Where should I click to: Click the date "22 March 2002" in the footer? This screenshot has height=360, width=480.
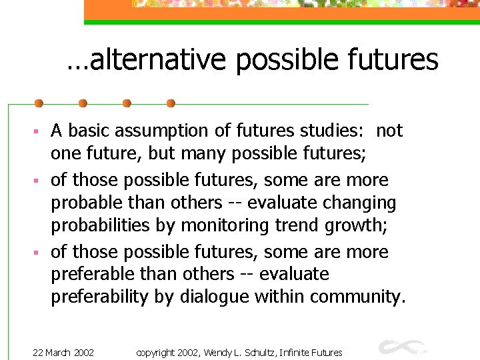click(63, 352)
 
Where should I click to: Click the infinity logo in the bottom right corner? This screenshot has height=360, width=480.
click(400, 347)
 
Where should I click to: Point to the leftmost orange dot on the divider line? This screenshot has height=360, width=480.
click(39, 104)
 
